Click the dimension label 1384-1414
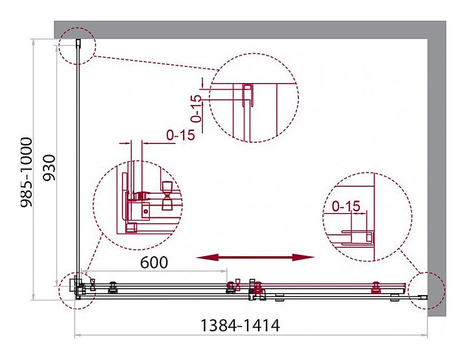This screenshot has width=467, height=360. tap(240, 326)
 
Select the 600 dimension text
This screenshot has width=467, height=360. tap(154, 262)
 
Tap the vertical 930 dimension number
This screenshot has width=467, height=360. tap(49, 167)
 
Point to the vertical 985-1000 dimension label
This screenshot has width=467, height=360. tap(25, 172)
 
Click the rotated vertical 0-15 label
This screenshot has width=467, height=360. tap(197, 108)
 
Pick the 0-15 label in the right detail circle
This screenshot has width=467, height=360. tap(346, 206)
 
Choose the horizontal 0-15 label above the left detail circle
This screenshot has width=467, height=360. tap(180, 135)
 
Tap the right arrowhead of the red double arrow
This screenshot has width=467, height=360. tap(303, 258)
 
